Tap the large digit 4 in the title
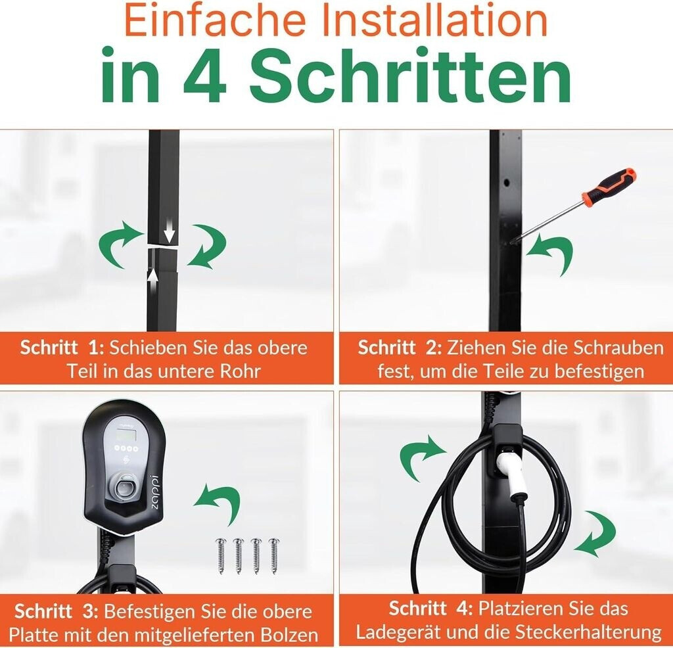(x=205, y=75)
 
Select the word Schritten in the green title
(x=410, y=75)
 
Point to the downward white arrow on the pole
(x=170, y=230)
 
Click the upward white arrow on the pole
(x=153, y=281)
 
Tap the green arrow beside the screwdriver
(x=550, y=255)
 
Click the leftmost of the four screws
(x=221, y=555)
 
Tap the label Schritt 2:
(x=400, y=347)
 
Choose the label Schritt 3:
(x=57, y=611)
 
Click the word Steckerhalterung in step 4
(x=588, y=632)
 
